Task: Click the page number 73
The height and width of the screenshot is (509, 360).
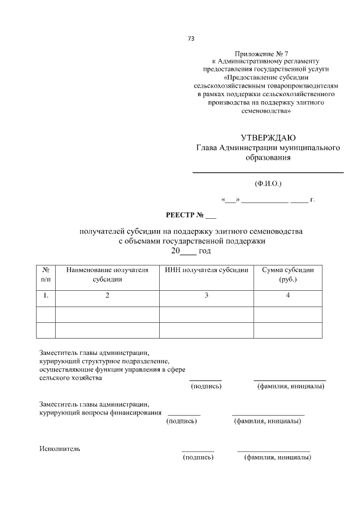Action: click(x=191, y=39)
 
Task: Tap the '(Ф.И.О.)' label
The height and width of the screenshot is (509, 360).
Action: click(x=268, y=183)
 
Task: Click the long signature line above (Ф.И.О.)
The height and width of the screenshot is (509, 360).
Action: click(x=268, y=172)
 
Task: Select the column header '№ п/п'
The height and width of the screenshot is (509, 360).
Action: click(x=46, y=274)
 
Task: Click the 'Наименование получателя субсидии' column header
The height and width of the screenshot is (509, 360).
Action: click(x=107, y=274)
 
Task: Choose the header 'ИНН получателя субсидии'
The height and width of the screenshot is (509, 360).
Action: click(x=206, y=270)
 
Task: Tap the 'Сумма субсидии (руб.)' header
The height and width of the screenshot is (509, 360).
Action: click(x=287, y=274)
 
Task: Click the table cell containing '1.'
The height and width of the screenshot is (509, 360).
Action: click(x=46, y=295)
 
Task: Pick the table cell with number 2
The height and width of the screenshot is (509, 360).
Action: click(x=107, y=295)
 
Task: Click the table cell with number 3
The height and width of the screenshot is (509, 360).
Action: click(x=206, y=295)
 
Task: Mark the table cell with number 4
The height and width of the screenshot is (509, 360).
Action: click(x=287, y=295)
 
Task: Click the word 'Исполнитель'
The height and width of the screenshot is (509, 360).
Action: click(x=60, y=449)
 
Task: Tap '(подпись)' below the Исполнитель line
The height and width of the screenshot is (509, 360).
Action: click(x=198, y=458)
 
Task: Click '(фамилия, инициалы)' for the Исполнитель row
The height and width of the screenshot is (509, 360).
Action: click(x=276, y=458)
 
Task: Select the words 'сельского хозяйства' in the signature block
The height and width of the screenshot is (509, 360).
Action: click(x=70, y=378)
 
